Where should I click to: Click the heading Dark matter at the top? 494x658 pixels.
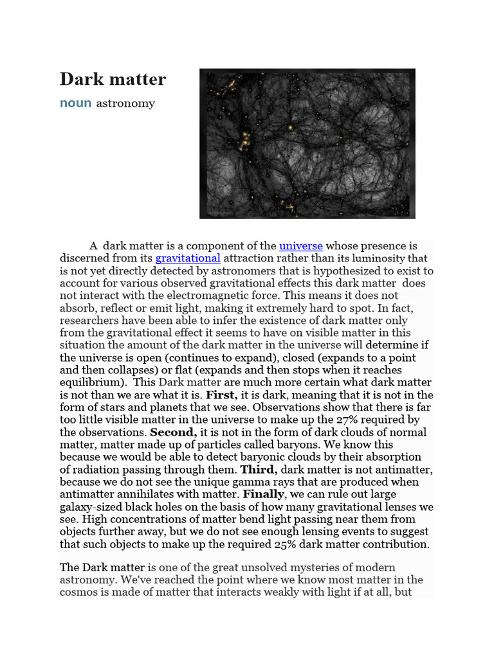tap(113, 79)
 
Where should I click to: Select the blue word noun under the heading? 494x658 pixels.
tap(75, 103)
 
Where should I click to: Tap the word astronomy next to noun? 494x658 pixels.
tap(125, 103)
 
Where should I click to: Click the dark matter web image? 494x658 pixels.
tap(307, 143)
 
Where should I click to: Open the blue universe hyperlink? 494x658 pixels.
tap(300, 245)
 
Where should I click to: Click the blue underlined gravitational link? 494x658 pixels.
tap(188, 258)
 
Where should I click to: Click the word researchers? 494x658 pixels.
tap(89, 320)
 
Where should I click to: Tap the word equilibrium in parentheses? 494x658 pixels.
tap(89, 382)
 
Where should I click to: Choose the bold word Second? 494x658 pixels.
tap(172, 432)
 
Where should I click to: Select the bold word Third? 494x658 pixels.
tap(259, 470)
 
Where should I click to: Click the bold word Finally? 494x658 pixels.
tap(263, 494)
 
